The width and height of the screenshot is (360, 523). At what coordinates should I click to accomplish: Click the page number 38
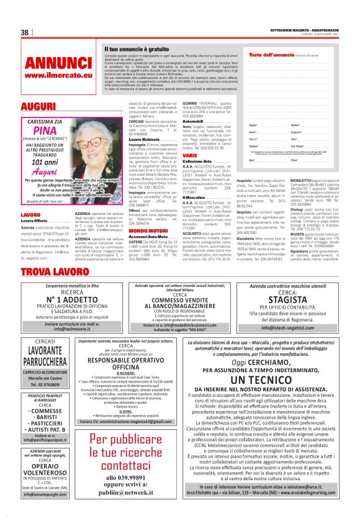pos(26,32)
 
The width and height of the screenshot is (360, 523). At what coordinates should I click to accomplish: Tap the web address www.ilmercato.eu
pos(58,75)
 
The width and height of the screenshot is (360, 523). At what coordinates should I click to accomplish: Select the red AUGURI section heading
pos(38,106)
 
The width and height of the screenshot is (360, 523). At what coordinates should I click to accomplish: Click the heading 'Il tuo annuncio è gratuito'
pos(135,48)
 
